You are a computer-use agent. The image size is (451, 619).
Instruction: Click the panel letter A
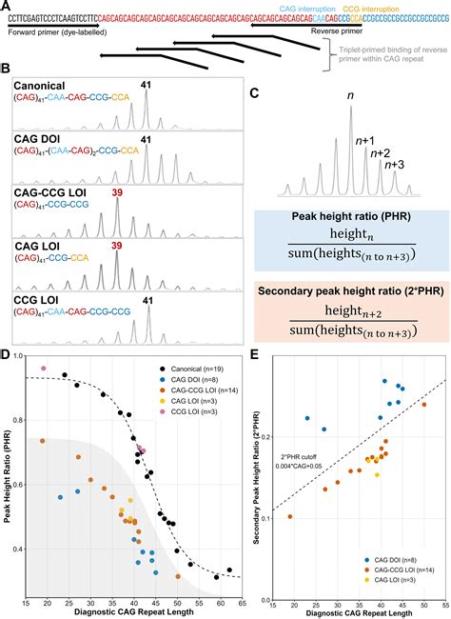point(6,6)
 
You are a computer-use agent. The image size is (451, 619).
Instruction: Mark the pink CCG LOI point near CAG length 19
point(43,342)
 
